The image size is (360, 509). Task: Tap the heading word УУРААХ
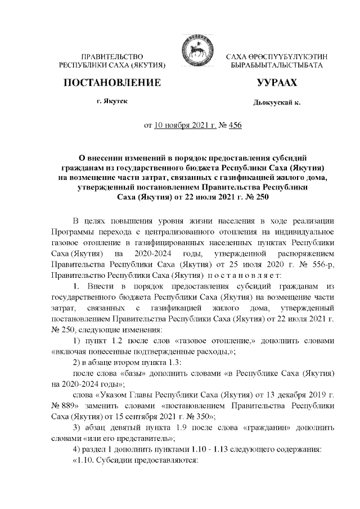point(276,83)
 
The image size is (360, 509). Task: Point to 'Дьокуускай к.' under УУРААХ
point(277,103)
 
